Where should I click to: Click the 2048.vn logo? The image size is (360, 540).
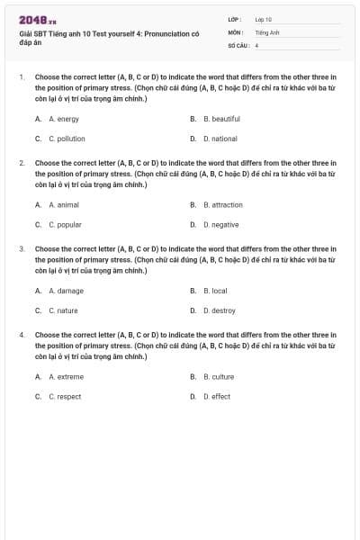click(x=38, y=20)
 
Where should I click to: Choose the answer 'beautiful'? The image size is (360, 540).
click(x=221, y=119)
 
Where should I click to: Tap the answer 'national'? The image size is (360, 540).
click(x=220, y=139)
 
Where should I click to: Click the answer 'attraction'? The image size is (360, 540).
click(x=222, y=204)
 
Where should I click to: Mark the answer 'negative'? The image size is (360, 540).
click(x=220, y=224)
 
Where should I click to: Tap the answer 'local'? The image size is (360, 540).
click(x=215, y=291)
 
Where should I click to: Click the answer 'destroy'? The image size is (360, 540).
click(x=219, y=310)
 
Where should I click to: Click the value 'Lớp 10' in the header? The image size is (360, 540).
click(x=263, y=19)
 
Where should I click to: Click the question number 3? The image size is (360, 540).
click(x=22, y=247)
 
